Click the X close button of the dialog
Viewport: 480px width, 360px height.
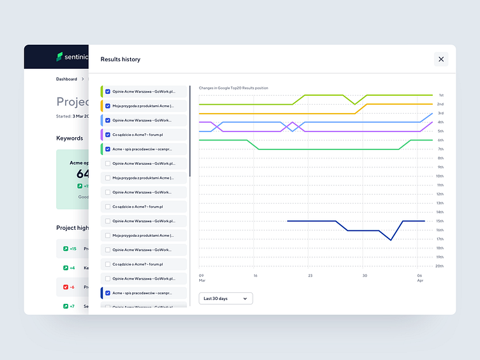coord(440,59)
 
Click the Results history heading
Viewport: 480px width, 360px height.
coord(121,59)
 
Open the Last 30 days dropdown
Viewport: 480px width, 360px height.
coord(225,298)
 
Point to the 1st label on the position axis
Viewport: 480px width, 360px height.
coord(440,95)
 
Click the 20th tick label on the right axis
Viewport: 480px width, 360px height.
coord(440,266)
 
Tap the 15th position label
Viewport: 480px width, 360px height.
coord(440,221)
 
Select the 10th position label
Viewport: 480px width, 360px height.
coord(440,176)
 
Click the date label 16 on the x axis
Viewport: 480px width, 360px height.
coord(255,276)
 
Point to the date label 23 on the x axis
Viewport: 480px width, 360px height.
coord(310,276)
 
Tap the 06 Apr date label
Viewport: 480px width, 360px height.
coord(420,278)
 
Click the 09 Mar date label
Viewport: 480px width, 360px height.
coord(202,278)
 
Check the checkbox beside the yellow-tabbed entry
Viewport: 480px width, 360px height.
coord(108,106)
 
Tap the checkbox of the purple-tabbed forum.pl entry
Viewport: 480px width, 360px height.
coord(108,135)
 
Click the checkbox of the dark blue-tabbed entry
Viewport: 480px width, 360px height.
coord(108,293)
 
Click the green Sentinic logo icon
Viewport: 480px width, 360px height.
coord(59,57)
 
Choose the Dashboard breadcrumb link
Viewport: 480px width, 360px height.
coord(66,79)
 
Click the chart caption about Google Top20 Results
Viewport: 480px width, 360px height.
coord(233,88)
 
